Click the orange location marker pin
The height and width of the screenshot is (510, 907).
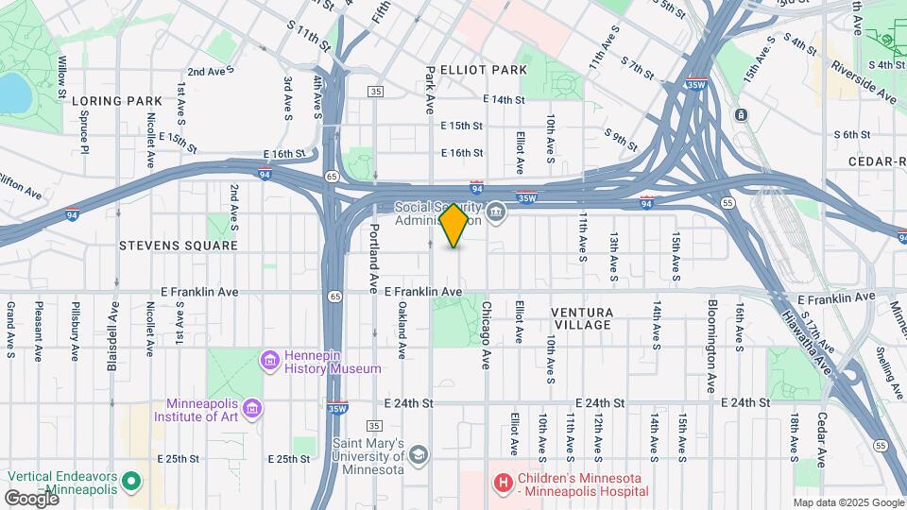click(453, 225)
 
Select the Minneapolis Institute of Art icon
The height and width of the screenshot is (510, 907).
click(252, 408)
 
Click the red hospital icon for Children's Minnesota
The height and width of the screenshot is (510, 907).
click(504, 484)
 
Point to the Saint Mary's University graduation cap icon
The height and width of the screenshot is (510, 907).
click(417, 456)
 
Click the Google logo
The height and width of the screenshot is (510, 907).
click(31, 498)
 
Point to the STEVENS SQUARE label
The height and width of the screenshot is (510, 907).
click(179, 246)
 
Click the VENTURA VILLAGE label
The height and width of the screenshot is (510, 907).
click(582, 318)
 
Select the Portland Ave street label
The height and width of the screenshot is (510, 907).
click(374, 257)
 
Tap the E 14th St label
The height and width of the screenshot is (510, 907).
click(503, 99)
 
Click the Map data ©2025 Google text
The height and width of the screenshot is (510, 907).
click(847, 502)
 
